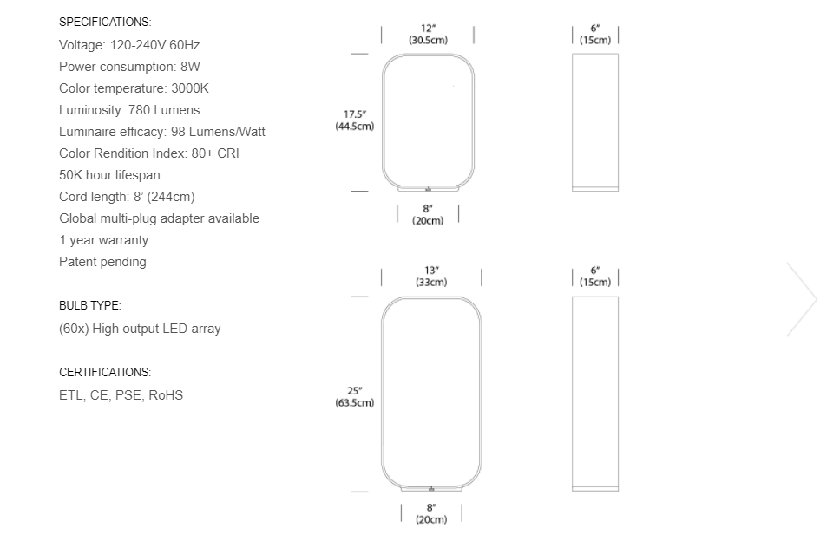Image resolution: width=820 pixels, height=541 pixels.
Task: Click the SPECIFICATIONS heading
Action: click(104, 22)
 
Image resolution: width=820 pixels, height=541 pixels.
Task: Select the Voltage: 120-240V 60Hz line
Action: click(129, 44)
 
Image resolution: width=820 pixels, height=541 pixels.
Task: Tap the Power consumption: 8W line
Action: click(130, 66)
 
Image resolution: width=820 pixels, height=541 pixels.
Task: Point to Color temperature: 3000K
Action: click(134, 88)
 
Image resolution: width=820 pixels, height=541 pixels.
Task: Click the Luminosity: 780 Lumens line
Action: click(129, 110)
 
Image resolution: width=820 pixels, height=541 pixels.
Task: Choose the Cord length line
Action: click(127, 197)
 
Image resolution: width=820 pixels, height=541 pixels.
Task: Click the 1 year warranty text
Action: click(103, 240)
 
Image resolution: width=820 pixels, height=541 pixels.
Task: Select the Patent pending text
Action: click(102, 262)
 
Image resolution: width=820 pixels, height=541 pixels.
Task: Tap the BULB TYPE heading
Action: click(90, 306)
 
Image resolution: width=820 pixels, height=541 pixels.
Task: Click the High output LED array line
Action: click(140, 329)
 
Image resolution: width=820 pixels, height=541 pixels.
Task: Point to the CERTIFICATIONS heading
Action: click(105, 372)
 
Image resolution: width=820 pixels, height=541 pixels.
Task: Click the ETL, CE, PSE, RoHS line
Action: click(121, 395)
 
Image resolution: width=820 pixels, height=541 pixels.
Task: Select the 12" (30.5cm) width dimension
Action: click(428, 35)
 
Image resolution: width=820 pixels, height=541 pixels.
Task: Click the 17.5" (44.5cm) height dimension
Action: click(355, 121)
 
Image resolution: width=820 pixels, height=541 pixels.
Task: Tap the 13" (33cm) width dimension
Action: click(431, 277)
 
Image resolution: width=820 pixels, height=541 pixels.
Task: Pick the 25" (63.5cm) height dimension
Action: click(355, 396)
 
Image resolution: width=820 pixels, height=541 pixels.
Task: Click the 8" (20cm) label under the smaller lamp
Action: click(428, 214)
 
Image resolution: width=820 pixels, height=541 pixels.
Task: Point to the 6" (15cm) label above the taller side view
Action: click(595, 277)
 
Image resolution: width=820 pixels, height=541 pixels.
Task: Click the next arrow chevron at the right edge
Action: click(802, 299)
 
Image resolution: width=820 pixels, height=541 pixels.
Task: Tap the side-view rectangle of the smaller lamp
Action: click(595, 122)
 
